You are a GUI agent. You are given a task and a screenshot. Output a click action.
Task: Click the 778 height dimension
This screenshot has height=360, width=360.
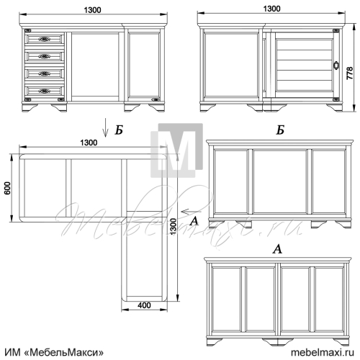(350, 73)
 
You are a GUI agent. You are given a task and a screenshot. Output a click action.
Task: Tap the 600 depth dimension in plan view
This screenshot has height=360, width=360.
(8, 188)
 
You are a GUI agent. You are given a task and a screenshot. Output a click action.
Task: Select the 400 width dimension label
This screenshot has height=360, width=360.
(144, 305)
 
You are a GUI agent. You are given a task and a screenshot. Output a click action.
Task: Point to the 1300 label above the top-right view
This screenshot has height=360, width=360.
(271, 9)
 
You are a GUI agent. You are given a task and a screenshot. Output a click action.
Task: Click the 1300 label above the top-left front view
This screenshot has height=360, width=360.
(92, 10)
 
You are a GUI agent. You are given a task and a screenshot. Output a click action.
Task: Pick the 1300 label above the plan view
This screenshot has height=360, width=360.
(89, 143)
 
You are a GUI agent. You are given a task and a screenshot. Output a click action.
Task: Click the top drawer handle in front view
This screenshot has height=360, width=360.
(45, 39)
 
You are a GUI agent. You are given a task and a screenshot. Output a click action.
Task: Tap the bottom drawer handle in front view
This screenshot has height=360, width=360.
(45, 91)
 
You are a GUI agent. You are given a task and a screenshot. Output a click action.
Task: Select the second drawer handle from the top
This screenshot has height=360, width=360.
(45, 56)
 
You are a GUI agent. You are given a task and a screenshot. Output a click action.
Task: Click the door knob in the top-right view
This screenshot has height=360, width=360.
(336, 65)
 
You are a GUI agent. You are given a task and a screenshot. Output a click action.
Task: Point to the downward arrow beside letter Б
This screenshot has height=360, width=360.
(105, 131)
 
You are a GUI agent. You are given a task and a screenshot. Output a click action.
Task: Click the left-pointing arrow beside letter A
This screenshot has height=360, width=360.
(192, 212)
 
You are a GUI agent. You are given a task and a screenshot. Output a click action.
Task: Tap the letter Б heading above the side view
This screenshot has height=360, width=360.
(280, 130)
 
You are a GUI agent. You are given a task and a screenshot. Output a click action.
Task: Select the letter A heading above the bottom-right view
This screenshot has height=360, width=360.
(277, 249)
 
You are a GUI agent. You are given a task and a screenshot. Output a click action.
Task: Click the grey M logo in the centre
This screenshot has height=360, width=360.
(177, 150)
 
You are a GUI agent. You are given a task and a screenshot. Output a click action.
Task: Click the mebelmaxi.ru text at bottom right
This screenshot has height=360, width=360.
(323, 352)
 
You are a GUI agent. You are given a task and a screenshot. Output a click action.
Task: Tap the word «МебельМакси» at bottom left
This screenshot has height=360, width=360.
(64, 352)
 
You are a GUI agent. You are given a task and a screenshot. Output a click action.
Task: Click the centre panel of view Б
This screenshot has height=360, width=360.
(280, 181)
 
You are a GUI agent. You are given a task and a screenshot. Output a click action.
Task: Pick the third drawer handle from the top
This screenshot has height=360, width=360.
(45, 73)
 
